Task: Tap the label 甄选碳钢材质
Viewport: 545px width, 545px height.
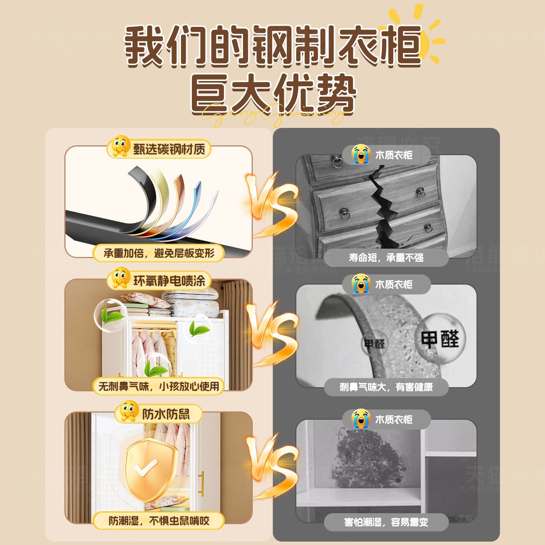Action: coord(169,149)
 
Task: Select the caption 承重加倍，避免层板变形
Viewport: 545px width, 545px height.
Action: coord(159,253)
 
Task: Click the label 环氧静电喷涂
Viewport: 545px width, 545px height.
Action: coord(169,281)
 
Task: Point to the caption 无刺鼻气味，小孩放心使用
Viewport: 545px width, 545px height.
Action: coord(159,386)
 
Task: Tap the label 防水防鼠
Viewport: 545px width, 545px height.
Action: coord(166,414)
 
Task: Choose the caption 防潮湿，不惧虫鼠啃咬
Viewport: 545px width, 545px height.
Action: coord(159,521)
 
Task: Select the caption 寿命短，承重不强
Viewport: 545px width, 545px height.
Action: coord(386,258)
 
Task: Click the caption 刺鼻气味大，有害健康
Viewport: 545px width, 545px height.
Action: coord(386,387)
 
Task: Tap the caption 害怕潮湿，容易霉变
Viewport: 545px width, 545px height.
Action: coord(386,522)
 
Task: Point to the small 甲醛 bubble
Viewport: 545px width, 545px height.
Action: coord(374,344)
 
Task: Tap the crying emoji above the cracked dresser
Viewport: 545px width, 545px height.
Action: coord(360,154)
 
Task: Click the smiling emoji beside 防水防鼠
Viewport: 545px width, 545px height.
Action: coord(129,411)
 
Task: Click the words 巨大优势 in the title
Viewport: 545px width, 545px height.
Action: coord(272,93)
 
